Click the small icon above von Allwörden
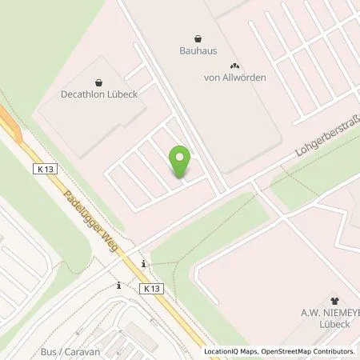tap(234, 66)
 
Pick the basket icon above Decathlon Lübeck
tap(98, 82)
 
